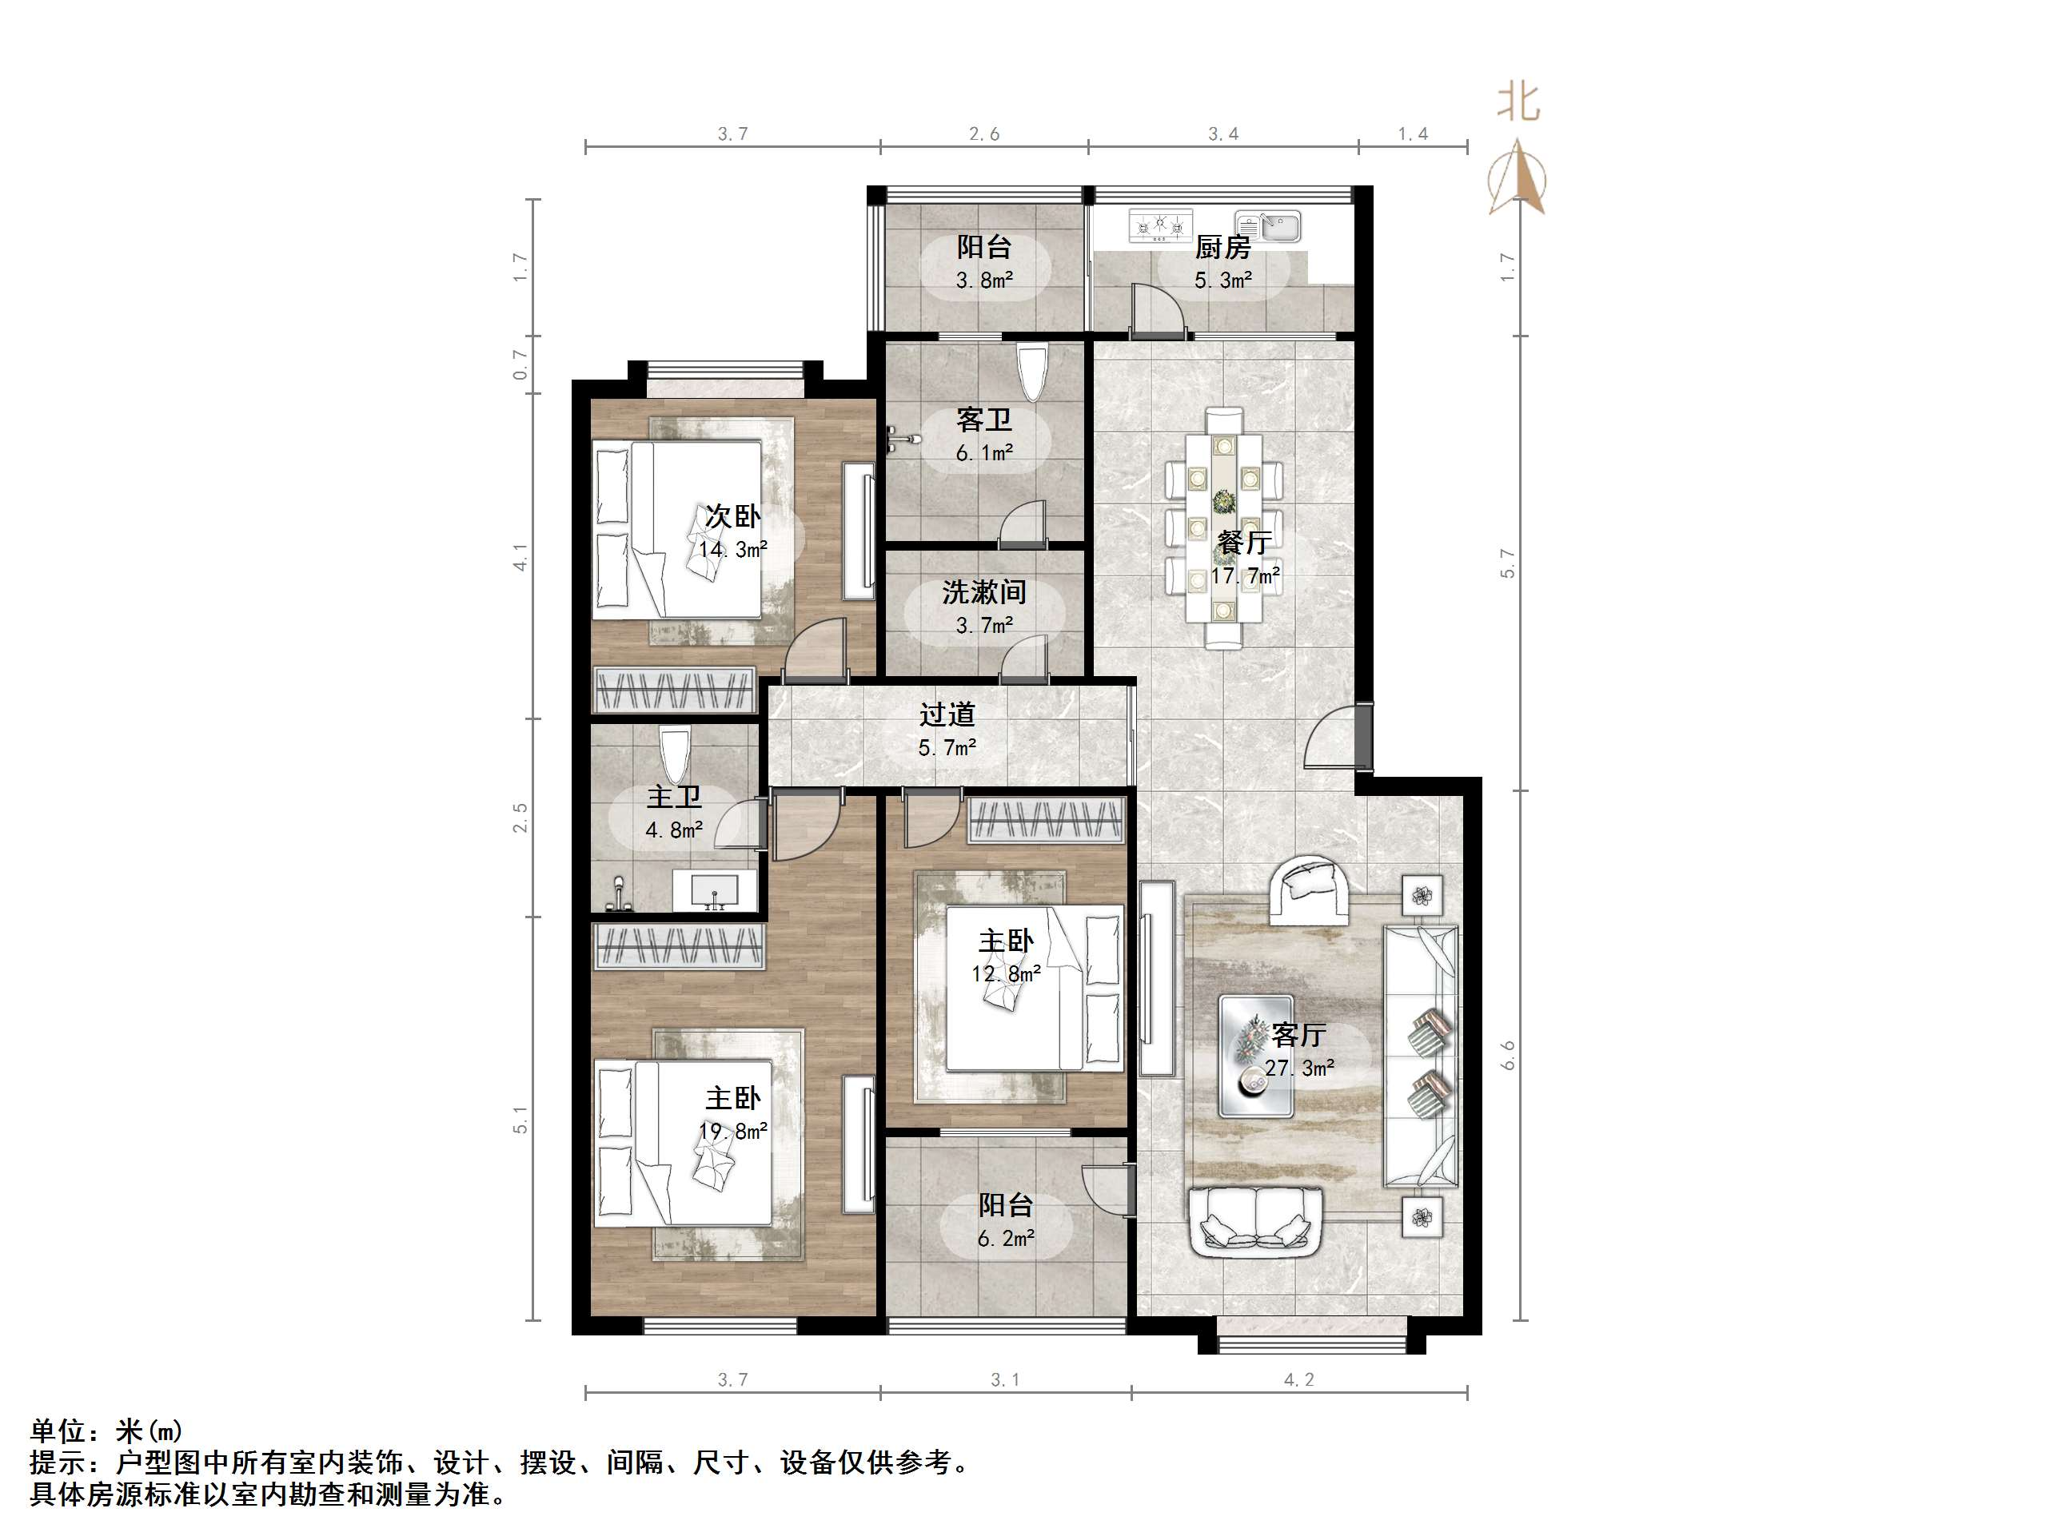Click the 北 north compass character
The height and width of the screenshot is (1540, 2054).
point(1518,102)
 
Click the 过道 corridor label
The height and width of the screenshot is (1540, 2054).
point(947,714)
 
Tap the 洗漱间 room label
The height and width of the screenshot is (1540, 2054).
point(983,591)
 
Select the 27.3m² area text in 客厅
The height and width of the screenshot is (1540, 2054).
point(1299,1068)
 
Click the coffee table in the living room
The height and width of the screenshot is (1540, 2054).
point(1255,1056)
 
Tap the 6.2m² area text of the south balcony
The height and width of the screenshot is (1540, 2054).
point(1006,1237)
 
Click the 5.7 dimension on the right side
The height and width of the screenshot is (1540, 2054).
point(1507,563)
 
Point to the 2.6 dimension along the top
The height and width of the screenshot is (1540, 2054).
point(984,134)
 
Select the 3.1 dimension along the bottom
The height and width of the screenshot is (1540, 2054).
point(1005,1380)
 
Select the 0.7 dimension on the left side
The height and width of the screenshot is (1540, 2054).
point(521,364)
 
